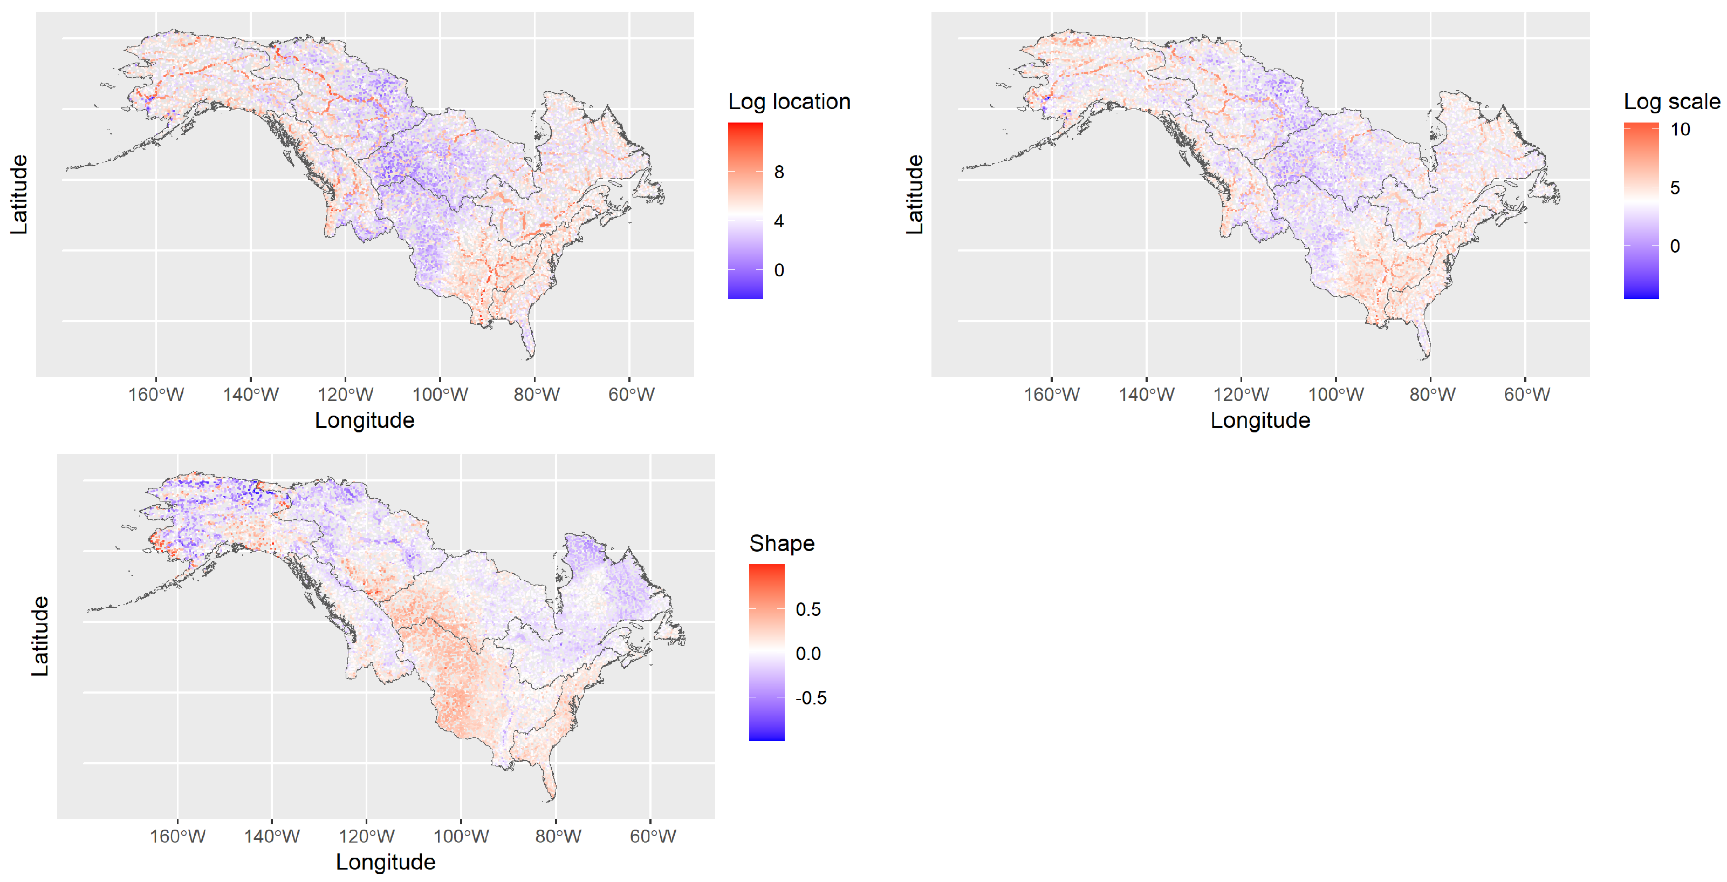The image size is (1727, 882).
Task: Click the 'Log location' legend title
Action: [789, 101]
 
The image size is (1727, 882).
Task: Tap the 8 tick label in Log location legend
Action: [778, 172]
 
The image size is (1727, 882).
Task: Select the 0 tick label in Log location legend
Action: [778, 270]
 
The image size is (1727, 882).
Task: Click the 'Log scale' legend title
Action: [1671, 101]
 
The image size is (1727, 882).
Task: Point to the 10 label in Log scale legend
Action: [1680, 130]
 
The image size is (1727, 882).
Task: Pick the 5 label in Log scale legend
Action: [1675, 188]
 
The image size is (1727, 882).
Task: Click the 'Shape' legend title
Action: [781, 543]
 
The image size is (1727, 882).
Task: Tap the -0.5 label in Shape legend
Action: [811, 698]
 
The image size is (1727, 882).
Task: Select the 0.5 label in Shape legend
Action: [808, 610]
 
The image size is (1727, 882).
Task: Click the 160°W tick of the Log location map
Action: [155, 395]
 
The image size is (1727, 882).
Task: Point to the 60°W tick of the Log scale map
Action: [1526, 395]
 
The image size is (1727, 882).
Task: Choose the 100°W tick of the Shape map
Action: [461, 837]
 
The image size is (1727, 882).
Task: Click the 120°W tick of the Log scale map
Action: [1241, 395]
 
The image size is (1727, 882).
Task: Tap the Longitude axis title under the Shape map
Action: [386, 862]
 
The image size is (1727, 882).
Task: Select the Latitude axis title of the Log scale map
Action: [914, 194]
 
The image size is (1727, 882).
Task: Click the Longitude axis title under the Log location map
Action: [365, 420]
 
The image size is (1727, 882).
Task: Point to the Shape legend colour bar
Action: [766, 653]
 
